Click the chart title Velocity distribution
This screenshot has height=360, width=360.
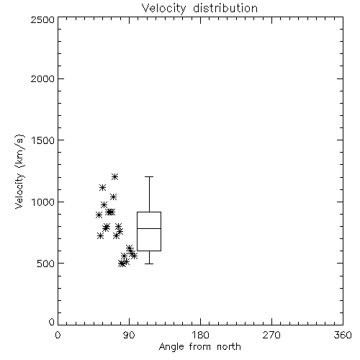(x=199, y=9)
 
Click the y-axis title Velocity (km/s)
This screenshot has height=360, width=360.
(x=19, y=171)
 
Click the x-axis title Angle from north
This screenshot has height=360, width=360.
(x=199, y=346)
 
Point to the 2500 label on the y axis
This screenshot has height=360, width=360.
(x=42, y=19)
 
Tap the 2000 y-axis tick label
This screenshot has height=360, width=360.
(x=42, y=78)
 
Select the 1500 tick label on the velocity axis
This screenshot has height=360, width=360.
(x=43, y=140)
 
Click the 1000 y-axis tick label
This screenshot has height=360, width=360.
(x=43, y=202)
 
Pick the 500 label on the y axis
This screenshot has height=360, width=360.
(x=46, y=264)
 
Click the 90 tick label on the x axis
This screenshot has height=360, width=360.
(x=130, y=335)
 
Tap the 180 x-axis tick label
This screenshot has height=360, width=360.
(x=200, y=335)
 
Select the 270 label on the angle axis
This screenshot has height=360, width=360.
(x=271, y=335)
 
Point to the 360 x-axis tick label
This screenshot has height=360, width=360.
(x=343, y=335)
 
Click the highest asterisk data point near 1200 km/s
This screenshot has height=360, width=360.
(x=114, y=177)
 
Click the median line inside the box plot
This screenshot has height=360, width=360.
(x=149, y=228)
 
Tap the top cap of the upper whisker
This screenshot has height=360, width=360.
(x=149, y=177)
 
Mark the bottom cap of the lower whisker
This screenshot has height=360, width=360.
(x=149, y=264)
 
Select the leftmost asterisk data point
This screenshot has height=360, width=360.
(x=99, y=215)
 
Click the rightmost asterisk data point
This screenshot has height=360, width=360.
(x=135, y=256)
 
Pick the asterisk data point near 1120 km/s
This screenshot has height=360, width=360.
(x=102, y=187)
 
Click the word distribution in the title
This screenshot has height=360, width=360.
(x=225, y=9)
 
